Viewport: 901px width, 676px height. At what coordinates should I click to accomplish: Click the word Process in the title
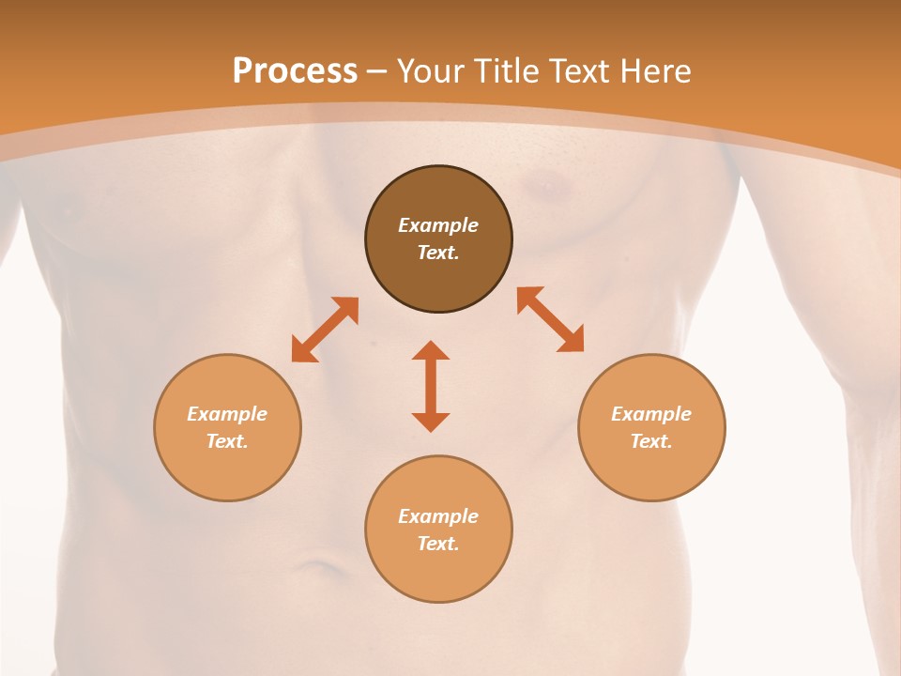pos(295,71)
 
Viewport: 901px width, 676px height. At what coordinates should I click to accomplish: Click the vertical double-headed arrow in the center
pos(431,386)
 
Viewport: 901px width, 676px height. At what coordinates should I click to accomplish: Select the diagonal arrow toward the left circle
pos(325,330)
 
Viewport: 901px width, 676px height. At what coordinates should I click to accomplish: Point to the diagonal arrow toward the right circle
pos(550,319)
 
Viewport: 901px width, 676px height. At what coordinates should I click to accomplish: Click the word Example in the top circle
pos(438,225)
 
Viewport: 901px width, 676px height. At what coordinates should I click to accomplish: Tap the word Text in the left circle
pos(226,441)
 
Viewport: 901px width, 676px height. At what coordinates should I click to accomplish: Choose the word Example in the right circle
pos(651,414)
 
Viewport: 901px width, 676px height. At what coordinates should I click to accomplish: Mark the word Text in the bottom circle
pos(437,544)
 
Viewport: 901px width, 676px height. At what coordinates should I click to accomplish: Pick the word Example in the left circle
pos(227,414)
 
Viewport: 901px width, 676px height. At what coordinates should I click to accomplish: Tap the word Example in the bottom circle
pos(438,516)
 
